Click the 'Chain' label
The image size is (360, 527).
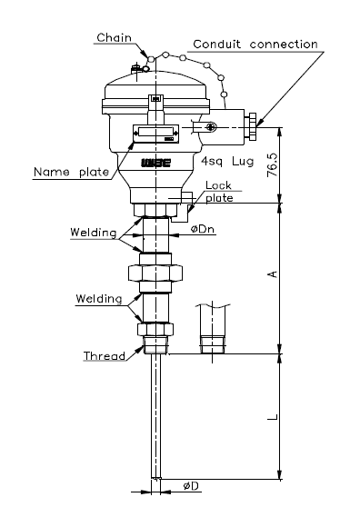coord(114,37)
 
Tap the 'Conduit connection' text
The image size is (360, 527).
coord(255,44)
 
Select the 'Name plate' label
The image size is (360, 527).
coord(72,172)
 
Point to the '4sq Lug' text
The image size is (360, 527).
coord(227,162)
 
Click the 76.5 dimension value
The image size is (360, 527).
coord(272,165)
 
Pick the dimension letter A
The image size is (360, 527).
coord(273,274)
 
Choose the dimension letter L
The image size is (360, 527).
coord(273,417)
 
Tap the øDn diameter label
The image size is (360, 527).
coord(203,229)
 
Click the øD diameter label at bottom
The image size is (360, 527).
coord(191,486)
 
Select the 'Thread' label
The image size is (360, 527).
coord(105,355)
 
